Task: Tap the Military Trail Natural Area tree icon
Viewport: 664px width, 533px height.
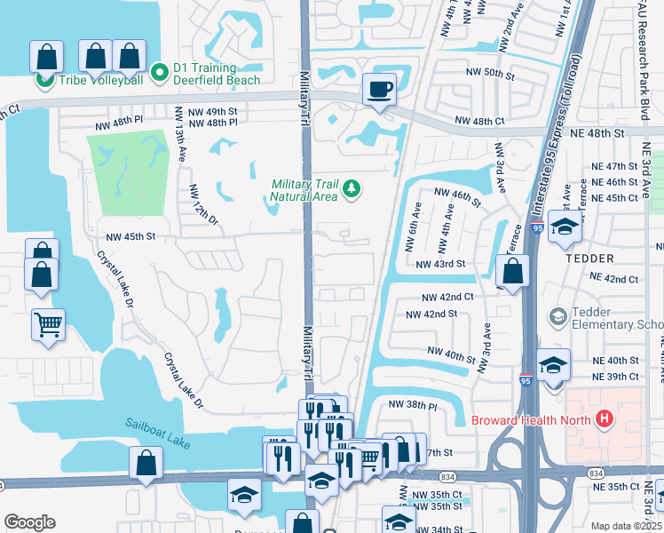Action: (x=352, y=187)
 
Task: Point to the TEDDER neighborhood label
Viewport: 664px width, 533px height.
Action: (x=588, y=259)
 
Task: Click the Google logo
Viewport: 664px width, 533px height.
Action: (x=28, y=521)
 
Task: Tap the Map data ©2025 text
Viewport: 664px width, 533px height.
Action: (x=626, y=526)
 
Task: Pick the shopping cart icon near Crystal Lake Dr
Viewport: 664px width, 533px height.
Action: (x=48, y=323)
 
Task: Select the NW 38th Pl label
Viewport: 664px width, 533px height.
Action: (x=413, y=404)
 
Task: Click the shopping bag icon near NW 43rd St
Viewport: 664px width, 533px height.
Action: (x=512, y=270)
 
